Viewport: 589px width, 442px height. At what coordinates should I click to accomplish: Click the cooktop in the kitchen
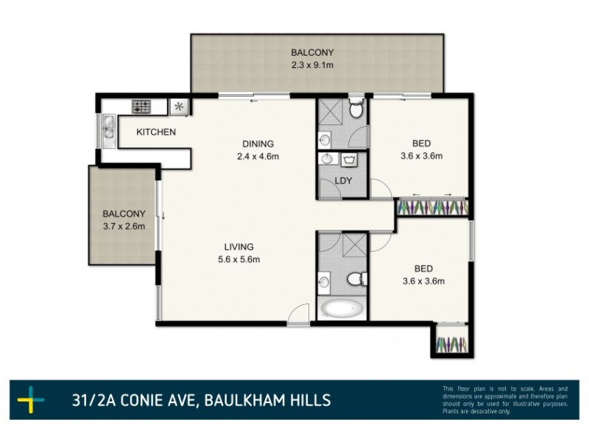click(x=141, y=107)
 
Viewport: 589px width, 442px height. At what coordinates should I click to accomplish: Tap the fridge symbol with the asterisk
click(x=179, y=107)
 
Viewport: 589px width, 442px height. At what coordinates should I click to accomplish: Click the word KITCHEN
click(x=156, y=133)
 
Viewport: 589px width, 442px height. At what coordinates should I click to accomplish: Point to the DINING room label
click(x=258, y=144)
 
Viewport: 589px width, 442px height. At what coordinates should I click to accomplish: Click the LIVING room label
click(x=240, y=247)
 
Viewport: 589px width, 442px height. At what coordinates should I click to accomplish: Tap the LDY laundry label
click(x=342, y=180)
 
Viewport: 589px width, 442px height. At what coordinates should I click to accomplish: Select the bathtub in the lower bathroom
click(x=342, y=307)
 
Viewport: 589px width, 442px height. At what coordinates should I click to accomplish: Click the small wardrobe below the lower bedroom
click(x=451, y=343)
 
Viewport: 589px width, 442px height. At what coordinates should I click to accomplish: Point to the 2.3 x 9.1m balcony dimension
click(x=312, y=65)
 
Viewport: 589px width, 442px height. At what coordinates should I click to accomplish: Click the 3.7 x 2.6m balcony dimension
click(x=124, y=226)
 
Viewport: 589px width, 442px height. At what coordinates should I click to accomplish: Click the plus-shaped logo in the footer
click(x=31, y=401)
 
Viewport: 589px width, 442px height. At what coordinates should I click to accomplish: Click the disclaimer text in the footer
click(x=505, y=400)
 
